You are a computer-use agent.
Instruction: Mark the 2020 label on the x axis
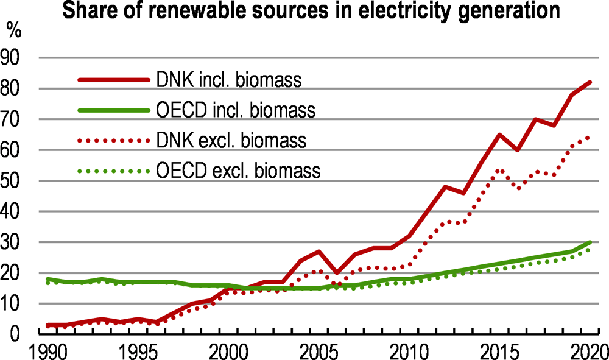588,352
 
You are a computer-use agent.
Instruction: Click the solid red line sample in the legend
114,79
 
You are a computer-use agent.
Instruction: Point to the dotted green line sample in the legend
114,171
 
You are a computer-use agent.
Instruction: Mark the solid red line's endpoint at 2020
590,82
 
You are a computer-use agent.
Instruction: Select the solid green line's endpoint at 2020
590,242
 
